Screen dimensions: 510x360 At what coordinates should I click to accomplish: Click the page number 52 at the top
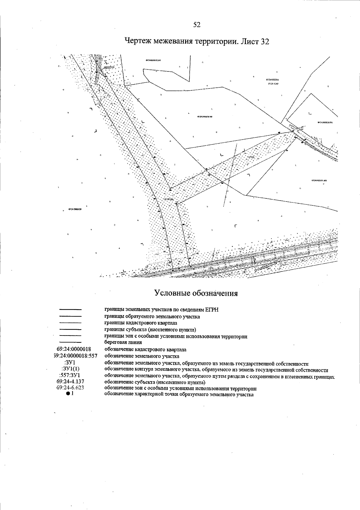pyautogui.click(x=197, y=25)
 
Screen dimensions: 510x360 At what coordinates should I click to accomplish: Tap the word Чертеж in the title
pyautogui.click(x=137, y=41)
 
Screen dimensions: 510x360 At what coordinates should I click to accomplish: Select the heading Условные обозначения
pyautogui.click(x=196, y=293)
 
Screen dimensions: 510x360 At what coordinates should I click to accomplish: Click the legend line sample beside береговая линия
pyautogui.click(x=70, y=342)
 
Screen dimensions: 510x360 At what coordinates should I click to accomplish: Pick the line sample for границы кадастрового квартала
pyautogui.click(x=70, y=323)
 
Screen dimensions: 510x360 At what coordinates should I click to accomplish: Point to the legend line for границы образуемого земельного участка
pyautogui.click(x=70, y=316)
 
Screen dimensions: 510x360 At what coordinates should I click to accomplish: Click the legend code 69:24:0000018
pyautogui.click(x=74, y=349)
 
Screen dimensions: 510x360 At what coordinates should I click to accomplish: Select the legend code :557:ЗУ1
pyautogui.click(x=70, y=375)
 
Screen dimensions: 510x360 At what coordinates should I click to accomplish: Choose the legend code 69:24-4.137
pyautogui.click(x=70, y=381)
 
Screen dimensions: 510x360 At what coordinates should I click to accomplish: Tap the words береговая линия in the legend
pyautogui.click(x=123, y=342)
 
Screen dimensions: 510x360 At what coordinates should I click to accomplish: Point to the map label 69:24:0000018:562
pyautogui.click(x=205, y=117)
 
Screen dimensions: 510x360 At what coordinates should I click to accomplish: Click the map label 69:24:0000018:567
pyautogui.click(x=154, y=60)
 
